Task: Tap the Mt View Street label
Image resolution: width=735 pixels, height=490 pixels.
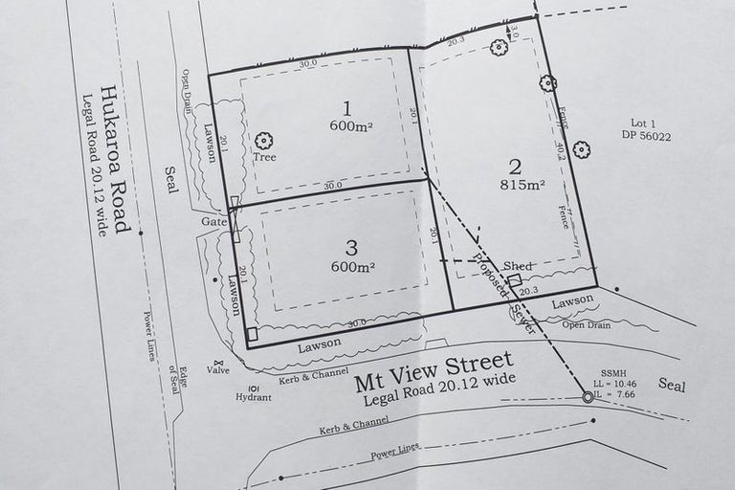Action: point(433,367)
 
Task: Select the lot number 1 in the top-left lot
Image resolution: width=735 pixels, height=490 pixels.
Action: point(347,107)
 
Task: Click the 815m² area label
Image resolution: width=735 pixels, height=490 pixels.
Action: point(523,185)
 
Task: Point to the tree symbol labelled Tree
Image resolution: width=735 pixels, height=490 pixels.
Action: point(263,141)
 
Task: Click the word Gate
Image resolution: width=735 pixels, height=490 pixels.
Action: point(212,221)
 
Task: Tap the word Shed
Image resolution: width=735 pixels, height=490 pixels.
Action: point(518,266)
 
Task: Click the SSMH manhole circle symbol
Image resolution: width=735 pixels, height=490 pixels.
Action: point(587,397)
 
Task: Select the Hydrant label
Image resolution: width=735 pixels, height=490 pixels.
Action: point(254,397)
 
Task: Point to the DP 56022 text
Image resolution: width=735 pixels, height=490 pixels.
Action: point(650,137)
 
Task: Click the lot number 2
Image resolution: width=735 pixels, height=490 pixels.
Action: point(514,164)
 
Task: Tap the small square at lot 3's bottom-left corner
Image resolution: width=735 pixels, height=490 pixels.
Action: point(253,334)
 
